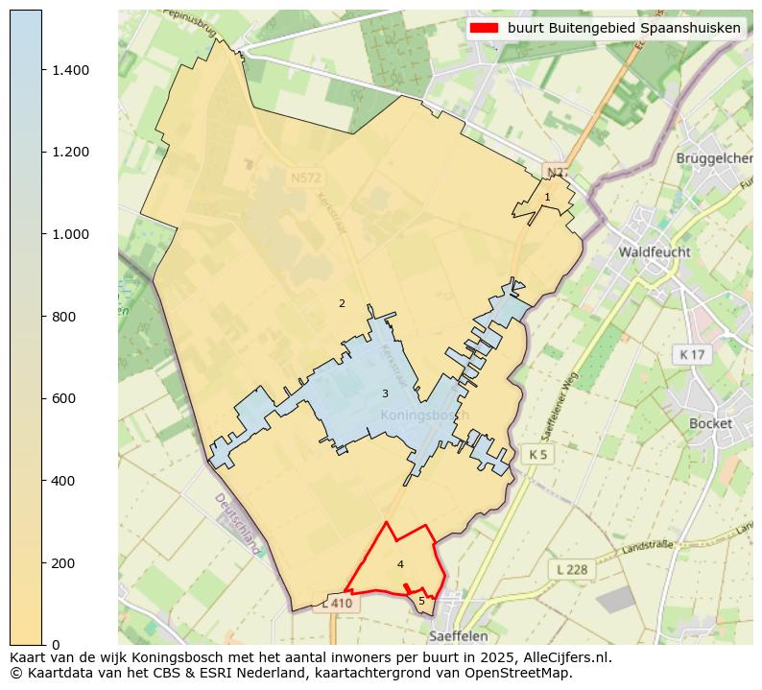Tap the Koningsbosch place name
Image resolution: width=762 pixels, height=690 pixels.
coord(424,416)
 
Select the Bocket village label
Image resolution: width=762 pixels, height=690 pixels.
coord(710,423)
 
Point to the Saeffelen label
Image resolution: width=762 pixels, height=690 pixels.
coord(459,635)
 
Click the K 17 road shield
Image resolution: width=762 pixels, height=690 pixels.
coord(691,355)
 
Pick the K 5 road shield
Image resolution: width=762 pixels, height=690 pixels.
coord(537,454)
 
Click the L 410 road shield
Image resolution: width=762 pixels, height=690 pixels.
coord(338,604)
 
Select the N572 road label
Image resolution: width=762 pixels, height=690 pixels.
coord(307,178)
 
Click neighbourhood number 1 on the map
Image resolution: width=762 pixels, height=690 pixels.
coord(547,197)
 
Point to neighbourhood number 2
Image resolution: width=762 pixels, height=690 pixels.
coord(342,303)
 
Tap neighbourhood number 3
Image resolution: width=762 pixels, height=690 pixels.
coord(385,393)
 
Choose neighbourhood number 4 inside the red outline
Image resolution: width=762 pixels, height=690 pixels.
coord(400,564)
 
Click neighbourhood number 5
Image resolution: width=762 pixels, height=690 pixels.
coord(421,602)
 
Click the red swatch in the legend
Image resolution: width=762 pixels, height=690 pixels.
coord(485,28)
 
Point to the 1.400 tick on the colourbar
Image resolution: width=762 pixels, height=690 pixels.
coord(70,70)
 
